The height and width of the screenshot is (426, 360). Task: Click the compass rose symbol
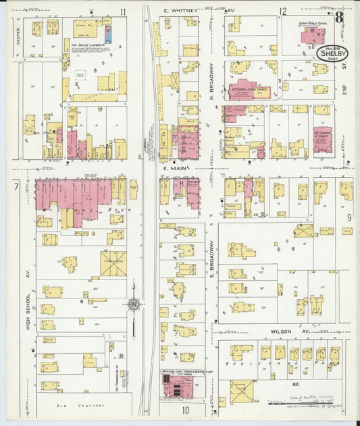134,304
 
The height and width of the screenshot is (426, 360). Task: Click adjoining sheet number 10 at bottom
184,409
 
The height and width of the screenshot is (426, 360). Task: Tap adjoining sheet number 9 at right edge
349,217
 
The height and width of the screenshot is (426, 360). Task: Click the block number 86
293,383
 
